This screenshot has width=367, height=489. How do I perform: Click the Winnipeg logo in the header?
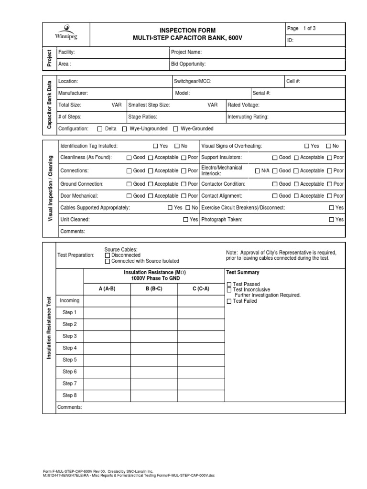point(65,32)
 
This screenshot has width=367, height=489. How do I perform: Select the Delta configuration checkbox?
point(100,129)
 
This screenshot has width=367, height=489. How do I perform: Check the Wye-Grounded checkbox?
point(176,129)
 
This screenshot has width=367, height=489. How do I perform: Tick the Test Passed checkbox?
point(228,284)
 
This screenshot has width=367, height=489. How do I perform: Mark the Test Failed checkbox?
point(228,301)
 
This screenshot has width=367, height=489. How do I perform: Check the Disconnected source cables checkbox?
point(108,255)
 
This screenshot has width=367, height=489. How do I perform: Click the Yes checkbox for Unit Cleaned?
point(186,220)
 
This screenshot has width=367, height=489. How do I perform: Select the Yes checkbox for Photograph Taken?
point(332,220)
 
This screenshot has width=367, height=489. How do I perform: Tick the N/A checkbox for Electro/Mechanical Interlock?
point(258,170)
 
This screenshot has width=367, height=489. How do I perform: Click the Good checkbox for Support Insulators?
point(275,158)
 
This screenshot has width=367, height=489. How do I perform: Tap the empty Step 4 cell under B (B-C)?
point(154,348)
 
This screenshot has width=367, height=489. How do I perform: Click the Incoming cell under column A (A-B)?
point(107,301)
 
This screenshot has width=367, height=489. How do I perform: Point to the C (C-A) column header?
point(201,288)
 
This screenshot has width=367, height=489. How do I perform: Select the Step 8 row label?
point(70,395)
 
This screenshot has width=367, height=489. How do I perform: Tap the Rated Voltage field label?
point(243,105)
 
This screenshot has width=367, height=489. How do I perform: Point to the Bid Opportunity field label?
point(188,64)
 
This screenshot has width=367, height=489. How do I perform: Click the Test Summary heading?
point(242,272)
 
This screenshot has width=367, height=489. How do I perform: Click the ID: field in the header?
point(291,41)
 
